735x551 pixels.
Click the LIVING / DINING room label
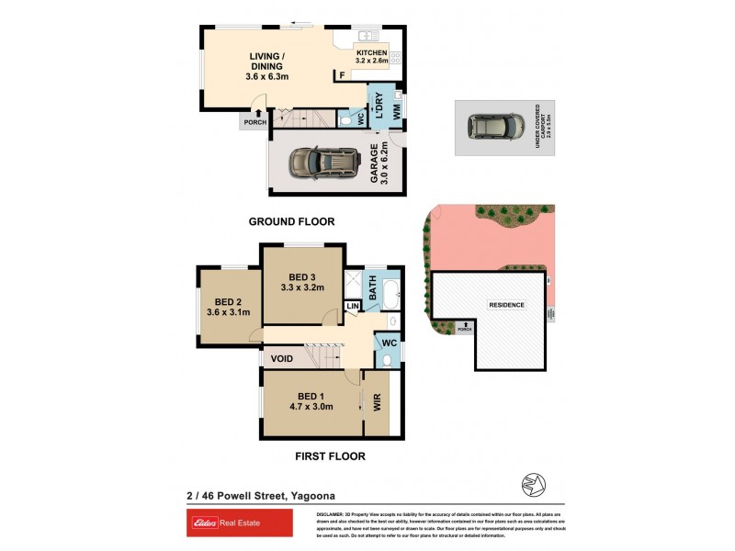267,66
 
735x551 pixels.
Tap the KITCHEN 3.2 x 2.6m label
372,57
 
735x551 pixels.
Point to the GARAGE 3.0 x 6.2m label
379,163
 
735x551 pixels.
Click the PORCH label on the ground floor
253,122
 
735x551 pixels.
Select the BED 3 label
302,282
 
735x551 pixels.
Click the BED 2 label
228,307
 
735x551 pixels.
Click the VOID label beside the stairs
282,358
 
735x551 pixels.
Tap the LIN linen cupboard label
352,306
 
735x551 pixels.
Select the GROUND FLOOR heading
292,221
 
